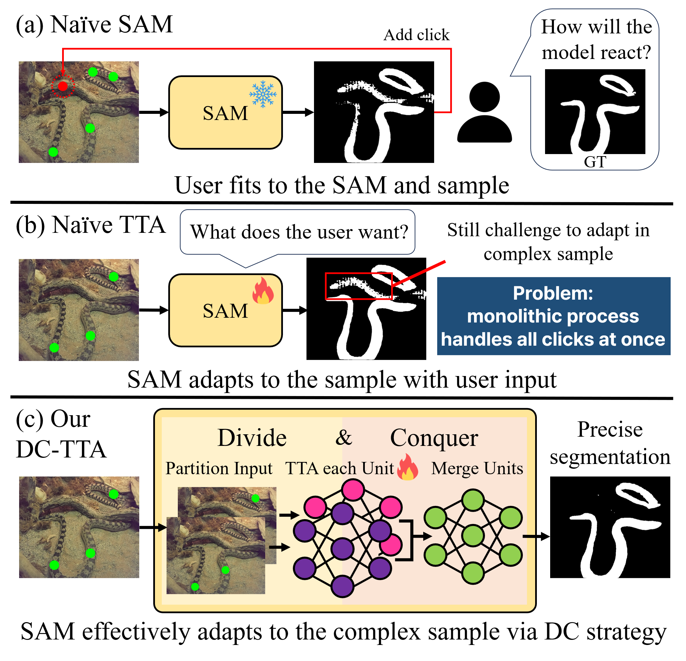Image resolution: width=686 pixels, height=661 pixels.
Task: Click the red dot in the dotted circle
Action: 63,86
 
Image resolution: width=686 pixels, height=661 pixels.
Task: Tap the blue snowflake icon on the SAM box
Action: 262,94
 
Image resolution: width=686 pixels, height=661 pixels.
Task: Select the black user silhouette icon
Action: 484,112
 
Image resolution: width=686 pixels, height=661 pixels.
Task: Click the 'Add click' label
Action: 416,35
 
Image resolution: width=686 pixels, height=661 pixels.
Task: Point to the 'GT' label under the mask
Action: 595,162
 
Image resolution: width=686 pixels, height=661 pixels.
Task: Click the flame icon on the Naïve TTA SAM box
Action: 263,290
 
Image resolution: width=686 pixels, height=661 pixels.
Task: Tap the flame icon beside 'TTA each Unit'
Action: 408,467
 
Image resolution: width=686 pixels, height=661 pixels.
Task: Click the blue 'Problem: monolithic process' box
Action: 554,316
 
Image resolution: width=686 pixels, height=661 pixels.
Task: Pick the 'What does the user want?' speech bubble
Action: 298,232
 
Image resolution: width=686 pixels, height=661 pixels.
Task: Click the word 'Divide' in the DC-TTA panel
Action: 252,438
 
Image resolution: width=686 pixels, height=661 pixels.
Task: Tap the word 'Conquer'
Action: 434,438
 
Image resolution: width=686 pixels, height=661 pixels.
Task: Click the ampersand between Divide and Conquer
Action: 344,437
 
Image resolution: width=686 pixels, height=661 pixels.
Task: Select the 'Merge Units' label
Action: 477,468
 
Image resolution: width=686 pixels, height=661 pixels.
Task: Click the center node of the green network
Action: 473,536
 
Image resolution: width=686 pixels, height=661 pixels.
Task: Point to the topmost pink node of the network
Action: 353,490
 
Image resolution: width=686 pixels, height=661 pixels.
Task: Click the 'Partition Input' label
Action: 219,469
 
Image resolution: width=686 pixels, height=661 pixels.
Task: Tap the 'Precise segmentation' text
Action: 610,443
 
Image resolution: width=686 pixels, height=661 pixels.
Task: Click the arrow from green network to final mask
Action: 536,536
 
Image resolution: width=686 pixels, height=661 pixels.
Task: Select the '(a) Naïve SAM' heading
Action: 95,25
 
